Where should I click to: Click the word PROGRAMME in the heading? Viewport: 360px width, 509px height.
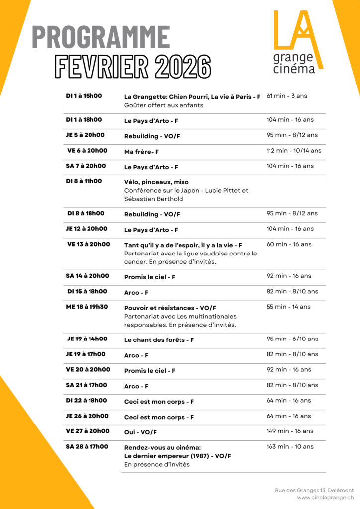tap(101, 38)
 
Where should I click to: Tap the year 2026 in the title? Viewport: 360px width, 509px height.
tap(182, 66)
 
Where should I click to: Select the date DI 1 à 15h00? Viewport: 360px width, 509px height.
tap(84, 96)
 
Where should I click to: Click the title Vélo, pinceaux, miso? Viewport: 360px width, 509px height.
tap(156, 182)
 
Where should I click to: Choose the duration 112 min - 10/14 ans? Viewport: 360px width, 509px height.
tap(294, 151)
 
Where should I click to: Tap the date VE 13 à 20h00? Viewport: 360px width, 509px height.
tap(89, 244)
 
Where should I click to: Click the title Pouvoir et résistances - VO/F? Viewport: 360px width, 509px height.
tap(170, 308)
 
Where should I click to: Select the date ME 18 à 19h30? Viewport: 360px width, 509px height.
tap(87, 307)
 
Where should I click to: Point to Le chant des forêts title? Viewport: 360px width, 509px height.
tap(159, 340)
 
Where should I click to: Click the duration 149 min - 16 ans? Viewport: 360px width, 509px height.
tap(290, 431)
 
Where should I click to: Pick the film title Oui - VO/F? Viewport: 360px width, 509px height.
tap(140, 432)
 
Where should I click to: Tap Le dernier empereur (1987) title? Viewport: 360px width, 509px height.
tap(178, 456)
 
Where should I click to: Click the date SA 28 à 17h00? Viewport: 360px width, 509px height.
tap(87, 447)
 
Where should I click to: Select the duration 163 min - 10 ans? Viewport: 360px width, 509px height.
tap(290, 447)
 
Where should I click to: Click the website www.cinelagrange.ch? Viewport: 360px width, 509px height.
tap(325, 497)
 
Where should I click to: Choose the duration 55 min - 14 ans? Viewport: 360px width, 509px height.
tap(288, 307)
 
